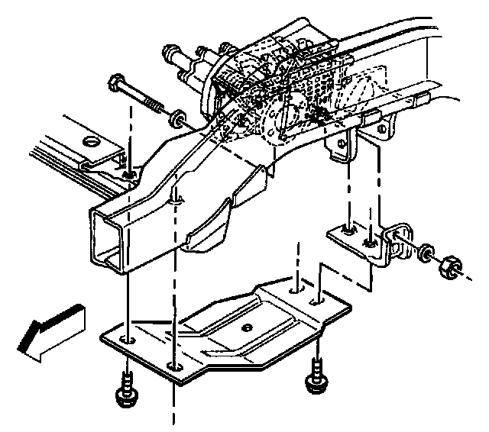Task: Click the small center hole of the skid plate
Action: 246,327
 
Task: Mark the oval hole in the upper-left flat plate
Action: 91,142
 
